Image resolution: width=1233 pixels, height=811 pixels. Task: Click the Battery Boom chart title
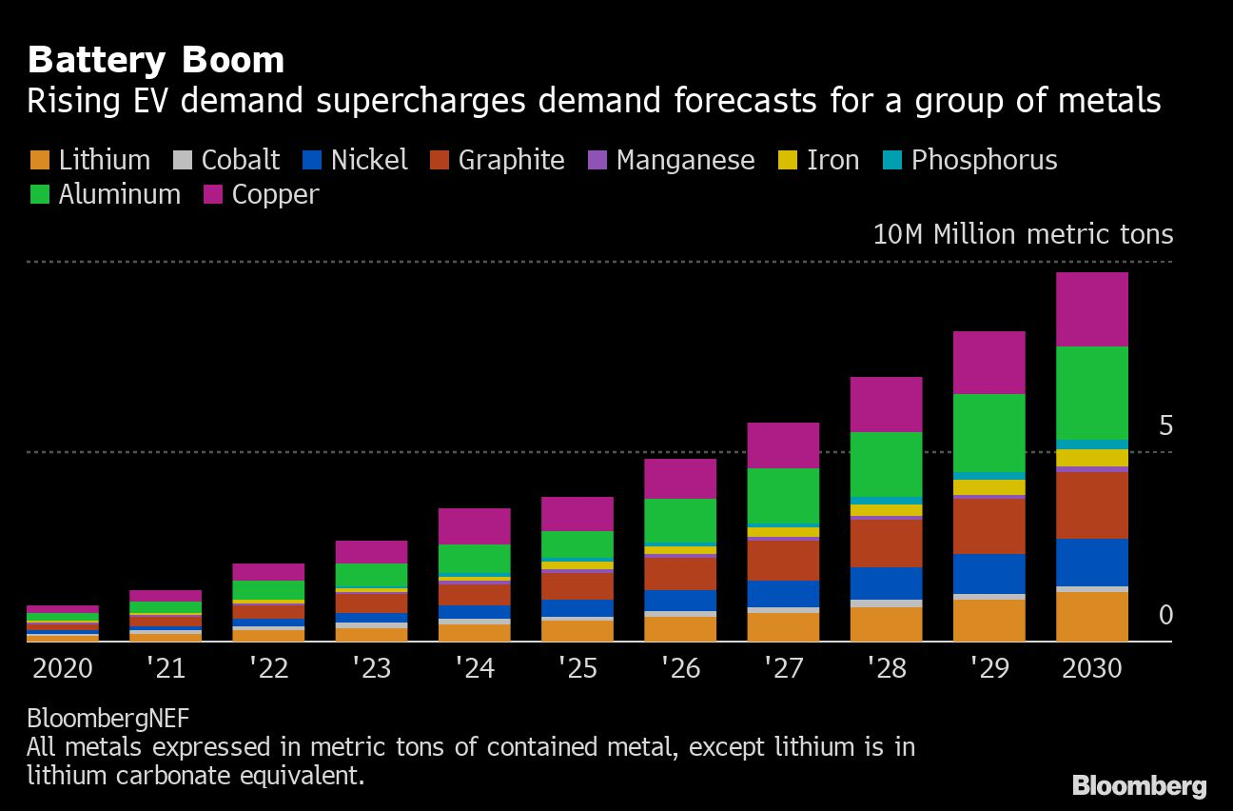coord(156,60)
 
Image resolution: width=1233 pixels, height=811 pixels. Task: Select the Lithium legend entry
coord(90,160)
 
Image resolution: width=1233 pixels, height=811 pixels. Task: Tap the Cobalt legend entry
coord(227,160)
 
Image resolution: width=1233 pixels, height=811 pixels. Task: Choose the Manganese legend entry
coord(671,160)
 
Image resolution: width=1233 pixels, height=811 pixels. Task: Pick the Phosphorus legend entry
coord(969,160)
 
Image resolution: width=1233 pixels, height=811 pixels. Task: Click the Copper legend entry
coord(262,194)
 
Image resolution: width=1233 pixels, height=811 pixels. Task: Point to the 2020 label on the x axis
coord(63,667)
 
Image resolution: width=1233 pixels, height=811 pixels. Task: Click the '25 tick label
coord(577,667)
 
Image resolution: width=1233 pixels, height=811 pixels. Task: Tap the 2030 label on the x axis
coord(1091,667)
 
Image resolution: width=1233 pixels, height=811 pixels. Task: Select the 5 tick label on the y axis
coord(1165,426)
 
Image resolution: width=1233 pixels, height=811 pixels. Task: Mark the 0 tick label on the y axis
coord(1165,616)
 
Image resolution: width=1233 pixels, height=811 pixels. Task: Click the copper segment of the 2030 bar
coord(1091,309)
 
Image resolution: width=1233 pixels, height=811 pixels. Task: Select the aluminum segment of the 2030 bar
coord(1091,393)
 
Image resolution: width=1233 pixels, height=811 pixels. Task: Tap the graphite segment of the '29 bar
coord(988,526)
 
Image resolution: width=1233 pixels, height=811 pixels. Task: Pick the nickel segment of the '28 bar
coord(886,584)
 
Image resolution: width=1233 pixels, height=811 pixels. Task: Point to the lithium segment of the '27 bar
coord(783,626)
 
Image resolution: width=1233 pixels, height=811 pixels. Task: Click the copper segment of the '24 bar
coord(474,526)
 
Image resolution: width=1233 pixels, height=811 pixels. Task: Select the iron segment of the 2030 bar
coord(1091,458)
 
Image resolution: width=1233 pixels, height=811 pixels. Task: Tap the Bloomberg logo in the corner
coord(1139,785)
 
